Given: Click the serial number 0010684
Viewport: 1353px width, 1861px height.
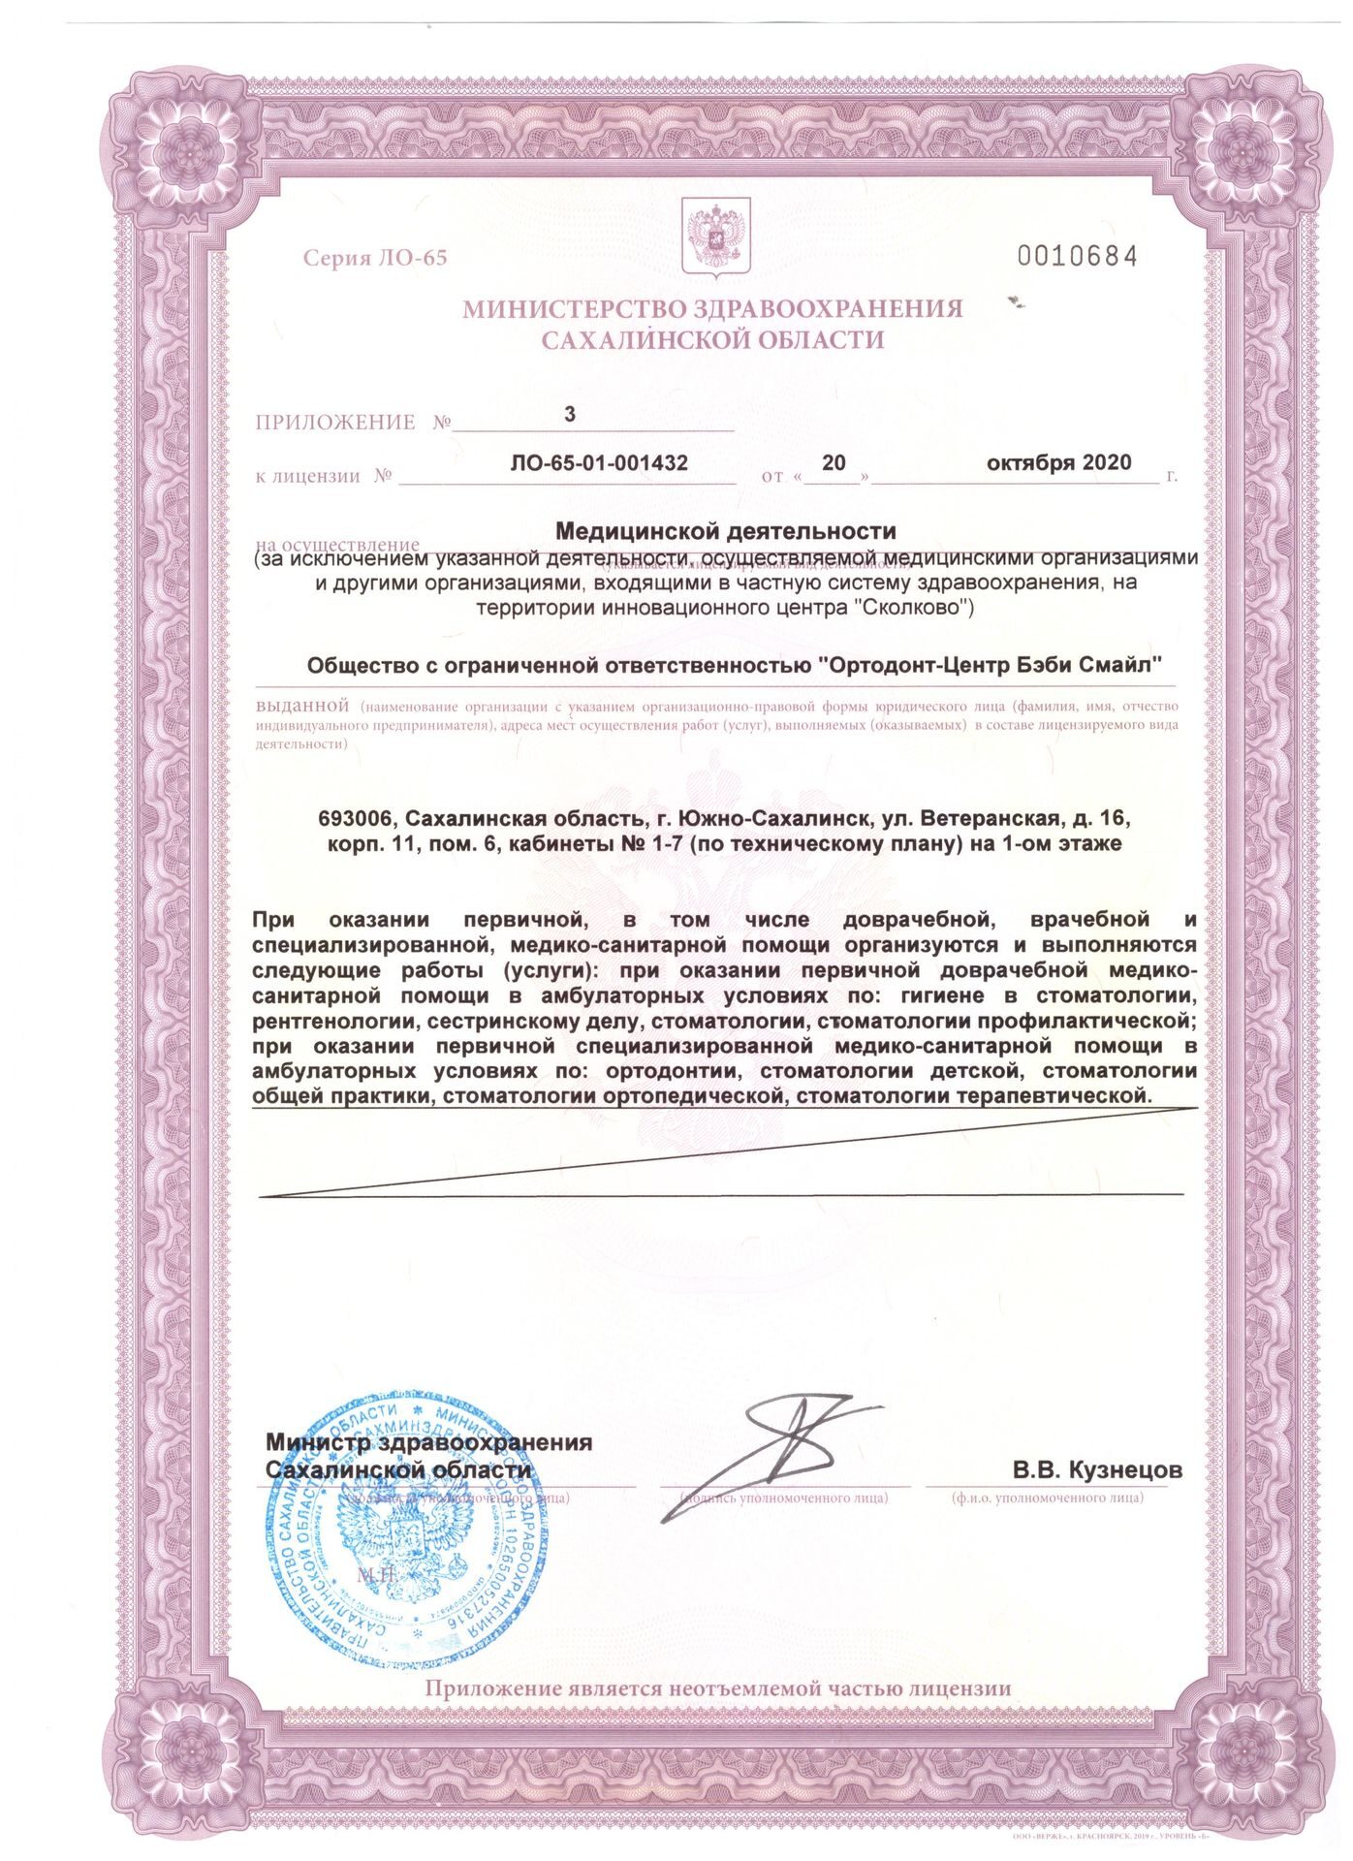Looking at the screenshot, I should (1075, 256).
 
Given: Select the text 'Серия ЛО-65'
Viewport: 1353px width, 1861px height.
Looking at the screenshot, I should (375, 258).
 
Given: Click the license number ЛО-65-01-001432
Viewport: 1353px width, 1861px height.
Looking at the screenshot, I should (599, 463).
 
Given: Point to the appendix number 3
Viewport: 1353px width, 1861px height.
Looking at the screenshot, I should (570, 414).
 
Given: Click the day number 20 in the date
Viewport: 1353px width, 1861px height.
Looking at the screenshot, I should (834, 462).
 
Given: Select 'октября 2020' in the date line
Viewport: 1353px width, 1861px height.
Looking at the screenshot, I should (1058, 462).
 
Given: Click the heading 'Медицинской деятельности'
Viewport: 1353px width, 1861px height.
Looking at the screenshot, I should (725, 531).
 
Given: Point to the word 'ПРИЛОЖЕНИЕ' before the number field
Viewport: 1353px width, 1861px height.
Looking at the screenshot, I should (335, 423).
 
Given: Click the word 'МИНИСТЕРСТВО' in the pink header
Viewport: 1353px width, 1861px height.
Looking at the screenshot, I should (572, 309).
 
